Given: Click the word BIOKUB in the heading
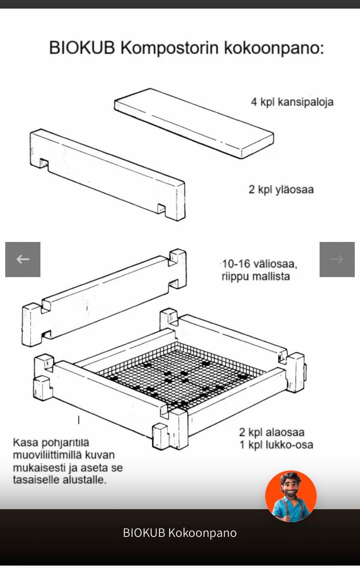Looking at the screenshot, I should pos(82,48).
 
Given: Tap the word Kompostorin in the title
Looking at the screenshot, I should pos(169,48).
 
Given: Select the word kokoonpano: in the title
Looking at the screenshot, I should pos(274,48).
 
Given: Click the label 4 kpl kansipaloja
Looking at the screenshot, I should pos(292,102).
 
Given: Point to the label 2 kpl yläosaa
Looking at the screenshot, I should pos(281,190).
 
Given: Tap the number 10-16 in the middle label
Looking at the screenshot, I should pos(236,264).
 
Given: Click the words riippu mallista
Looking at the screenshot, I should pos(256,277).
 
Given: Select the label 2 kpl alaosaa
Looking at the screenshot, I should pos(272,432).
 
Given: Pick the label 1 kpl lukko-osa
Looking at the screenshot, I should pos(276,445).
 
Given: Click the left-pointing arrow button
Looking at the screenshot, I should pos(23,259).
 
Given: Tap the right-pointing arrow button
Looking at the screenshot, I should pos(337,259).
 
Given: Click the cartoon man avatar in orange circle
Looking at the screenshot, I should pos(291,496).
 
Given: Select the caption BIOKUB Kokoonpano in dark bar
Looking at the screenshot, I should pos(180,533).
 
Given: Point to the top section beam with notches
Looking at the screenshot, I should pos(107,174).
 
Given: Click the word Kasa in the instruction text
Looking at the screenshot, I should pos(25,442).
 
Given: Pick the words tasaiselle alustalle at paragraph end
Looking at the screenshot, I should pos(60,480).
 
